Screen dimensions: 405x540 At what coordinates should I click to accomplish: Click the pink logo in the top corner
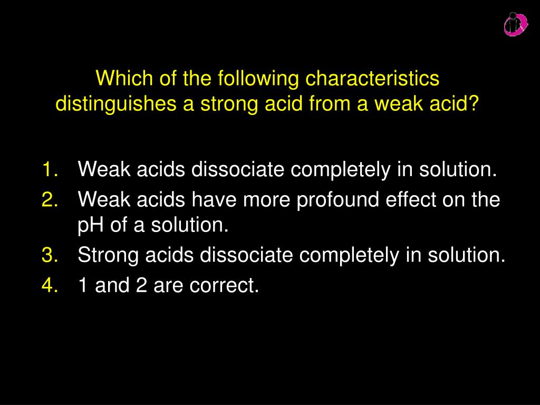[515, 24]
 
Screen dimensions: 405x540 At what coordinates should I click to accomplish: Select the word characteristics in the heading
[373, 79]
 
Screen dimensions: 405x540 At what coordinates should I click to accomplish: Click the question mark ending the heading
[473, 104]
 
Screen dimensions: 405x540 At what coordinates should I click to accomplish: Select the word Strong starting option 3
[108, 255]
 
